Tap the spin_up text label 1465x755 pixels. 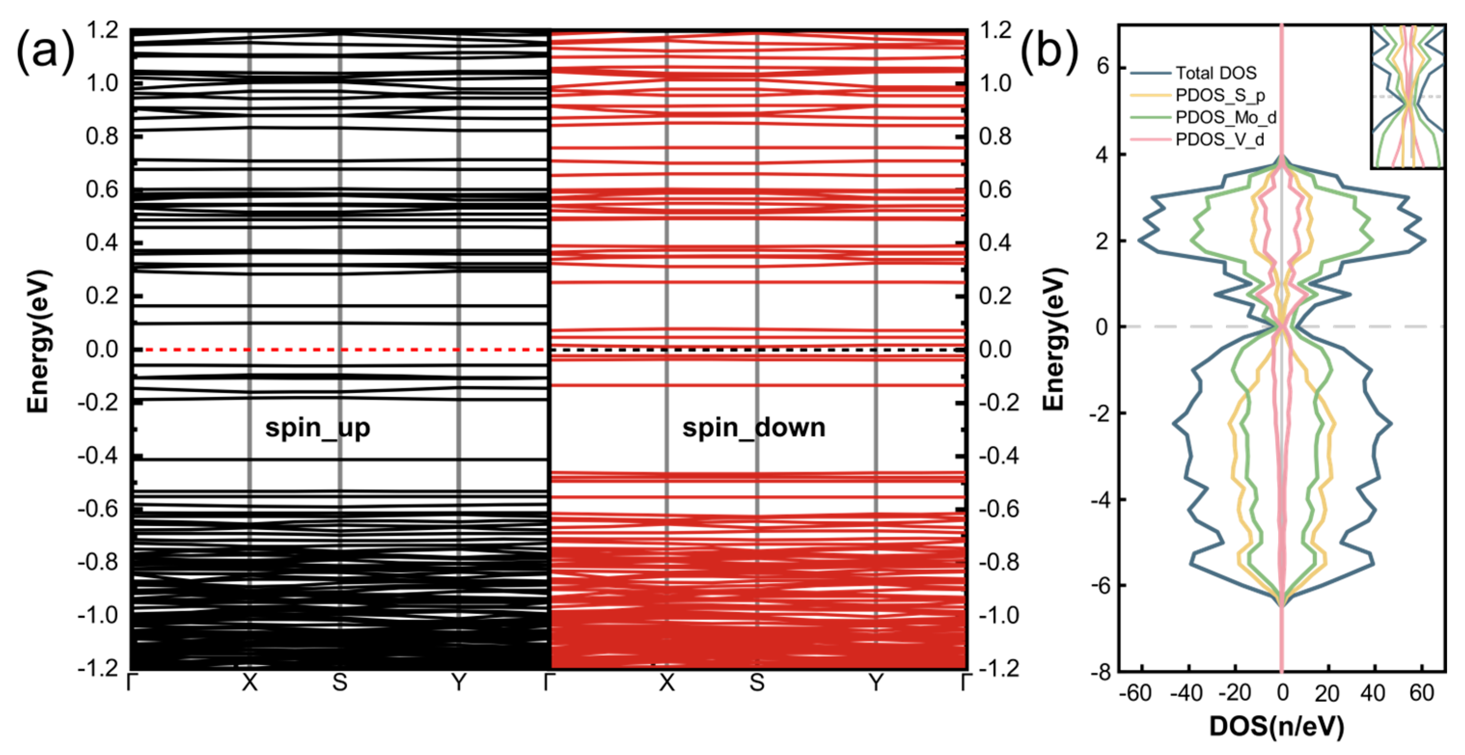tap(317, 428)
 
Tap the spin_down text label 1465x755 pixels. tap(753, 428)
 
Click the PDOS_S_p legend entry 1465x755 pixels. tap(1220, 96)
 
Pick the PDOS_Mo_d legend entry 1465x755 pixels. tap(1226, 118)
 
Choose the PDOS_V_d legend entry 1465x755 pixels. tap(1219, 140)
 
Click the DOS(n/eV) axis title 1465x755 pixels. tap(1276, 727)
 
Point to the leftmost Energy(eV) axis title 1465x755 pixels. tap(39, 342)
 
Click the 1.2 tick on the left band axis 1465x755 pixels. tap(102, 29)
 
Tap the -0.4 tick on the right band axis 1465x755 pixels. tap(999, 456)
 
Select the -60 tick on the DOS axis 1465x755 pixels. tap(1135, 693)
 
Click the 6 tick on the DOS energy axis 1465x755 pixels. tap(1103, 67)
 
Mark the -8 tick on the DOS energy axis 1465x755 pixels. tap(1100, 673)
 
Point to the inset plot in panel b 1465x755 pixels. tap(1408, 96)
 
